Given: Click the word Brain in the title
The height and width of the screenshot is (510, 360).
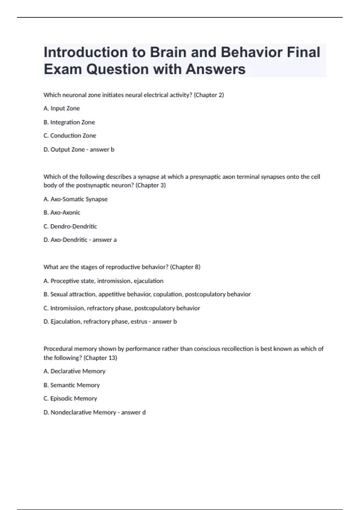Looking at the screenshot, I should [168, 52].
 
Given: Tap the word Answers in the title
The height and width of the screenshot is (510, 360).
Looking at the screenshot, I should [215, 69].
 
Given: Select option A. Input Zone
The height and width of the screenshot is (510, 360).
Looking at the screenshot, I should [61, 108].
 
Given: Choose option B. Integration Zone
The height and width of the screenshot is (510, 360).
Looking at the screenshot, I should [69, 122].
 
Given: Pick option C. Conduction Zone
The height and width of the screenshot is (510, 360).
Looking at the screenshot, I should [70, 136].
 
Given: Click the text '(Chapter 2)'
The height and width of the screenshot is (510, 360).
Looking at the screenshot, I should [209, 95].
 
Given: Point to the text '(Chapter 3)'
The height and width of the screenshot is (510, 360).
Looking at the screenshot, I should [151, 185].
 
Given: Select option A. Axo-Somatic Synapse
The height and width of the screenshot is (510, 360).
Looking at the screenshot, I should [75, 199].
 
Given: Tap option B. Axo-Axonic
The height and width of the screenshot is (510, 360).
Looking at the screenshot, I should [62, 212].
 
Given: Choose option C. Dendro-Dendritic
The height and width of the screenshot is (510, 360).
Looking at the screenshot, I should [70, 226].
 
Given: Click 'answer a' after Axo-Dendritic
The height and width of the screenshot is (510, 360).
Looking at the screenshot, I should [104, 240].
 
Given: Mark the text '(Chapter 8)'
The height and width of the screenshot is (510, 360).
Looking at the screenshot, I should [185, 267].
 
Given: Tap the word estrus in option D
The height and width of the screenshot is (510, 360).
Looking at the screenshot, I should [139, 322].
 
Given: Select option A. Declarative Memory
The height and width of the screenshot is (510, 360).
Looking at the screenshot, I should [74, 371].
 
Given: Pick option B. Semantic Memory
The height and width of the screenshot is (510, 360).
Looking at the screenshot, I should [71, 385].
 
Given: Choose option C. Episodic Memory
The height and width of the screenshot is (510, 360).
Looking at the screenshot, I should [70, 398].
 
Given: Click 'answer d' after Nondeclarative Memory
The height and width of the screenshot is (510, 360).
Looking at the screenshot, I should [133, 412].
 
